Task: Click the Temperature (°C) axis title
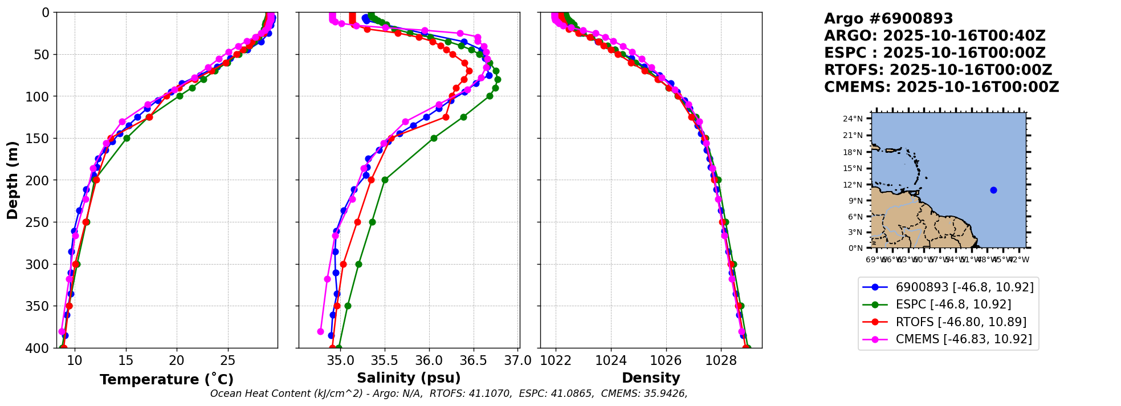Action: click(166, 380)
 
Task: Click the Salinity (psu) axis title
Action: click(409, 378)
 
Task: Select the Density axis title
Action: click(651, 378)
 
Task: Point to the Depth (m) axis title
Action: click(13, 180)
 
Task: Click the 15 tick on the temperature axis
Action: click(125, 360)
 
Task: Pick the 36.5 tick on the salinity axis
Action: click(474, 360)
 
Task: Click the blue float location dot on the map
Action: click(993, 190)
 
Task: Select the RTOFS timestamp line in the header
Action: click(938, 70)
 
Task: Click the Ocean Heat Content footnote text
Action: click(449, 393)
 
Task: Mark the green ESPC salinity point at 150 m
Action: click(434, 138)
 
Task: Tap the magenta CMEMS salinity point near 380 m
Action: click(320, 331)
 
